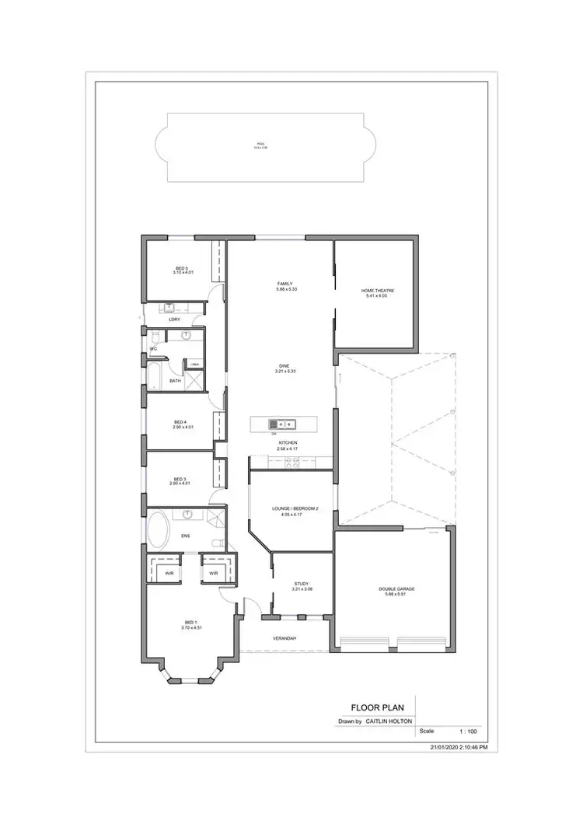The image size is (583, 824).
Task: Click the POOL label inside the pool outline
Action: click(260, 145)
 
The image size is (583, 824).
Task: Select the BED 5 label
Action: click(181, 268)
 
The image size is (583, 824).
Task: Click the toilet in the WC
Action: click(155, 336)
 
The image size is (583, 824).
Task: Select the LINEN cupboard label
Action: click(195, 364)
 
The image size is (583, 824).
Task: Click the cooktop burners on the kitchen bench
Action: click(291, 462)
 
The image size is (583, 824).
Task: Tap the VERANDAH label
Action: click(285, 638)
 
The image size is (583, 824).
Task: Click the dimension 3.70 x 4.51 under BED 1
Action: click(191, 627)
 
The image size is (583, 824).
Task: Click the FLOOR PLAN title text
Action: click(375, 707)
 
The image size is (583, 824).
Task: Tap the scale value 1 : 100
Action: click(468, 731)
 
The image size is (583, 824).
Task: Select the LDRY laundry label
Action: click(175, 319)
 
